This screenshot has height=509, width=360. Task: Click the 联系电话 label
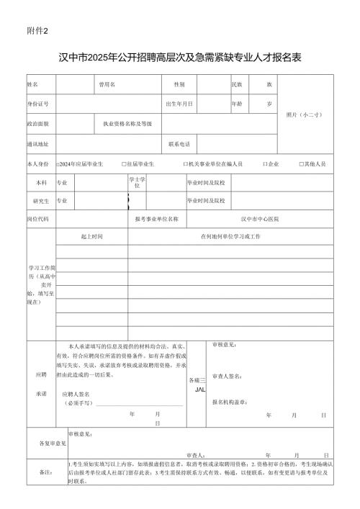179,144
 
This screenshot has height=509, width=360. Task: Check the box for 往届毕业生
124,164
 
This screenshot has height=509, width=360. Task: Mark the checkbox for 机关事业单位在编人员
185,164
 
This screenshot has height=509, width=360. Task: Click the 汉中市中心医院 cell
260,218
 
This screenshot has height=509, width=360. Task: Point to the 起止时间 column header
91,236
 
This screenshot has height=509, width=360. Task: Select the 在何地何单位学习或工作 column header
230,236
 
